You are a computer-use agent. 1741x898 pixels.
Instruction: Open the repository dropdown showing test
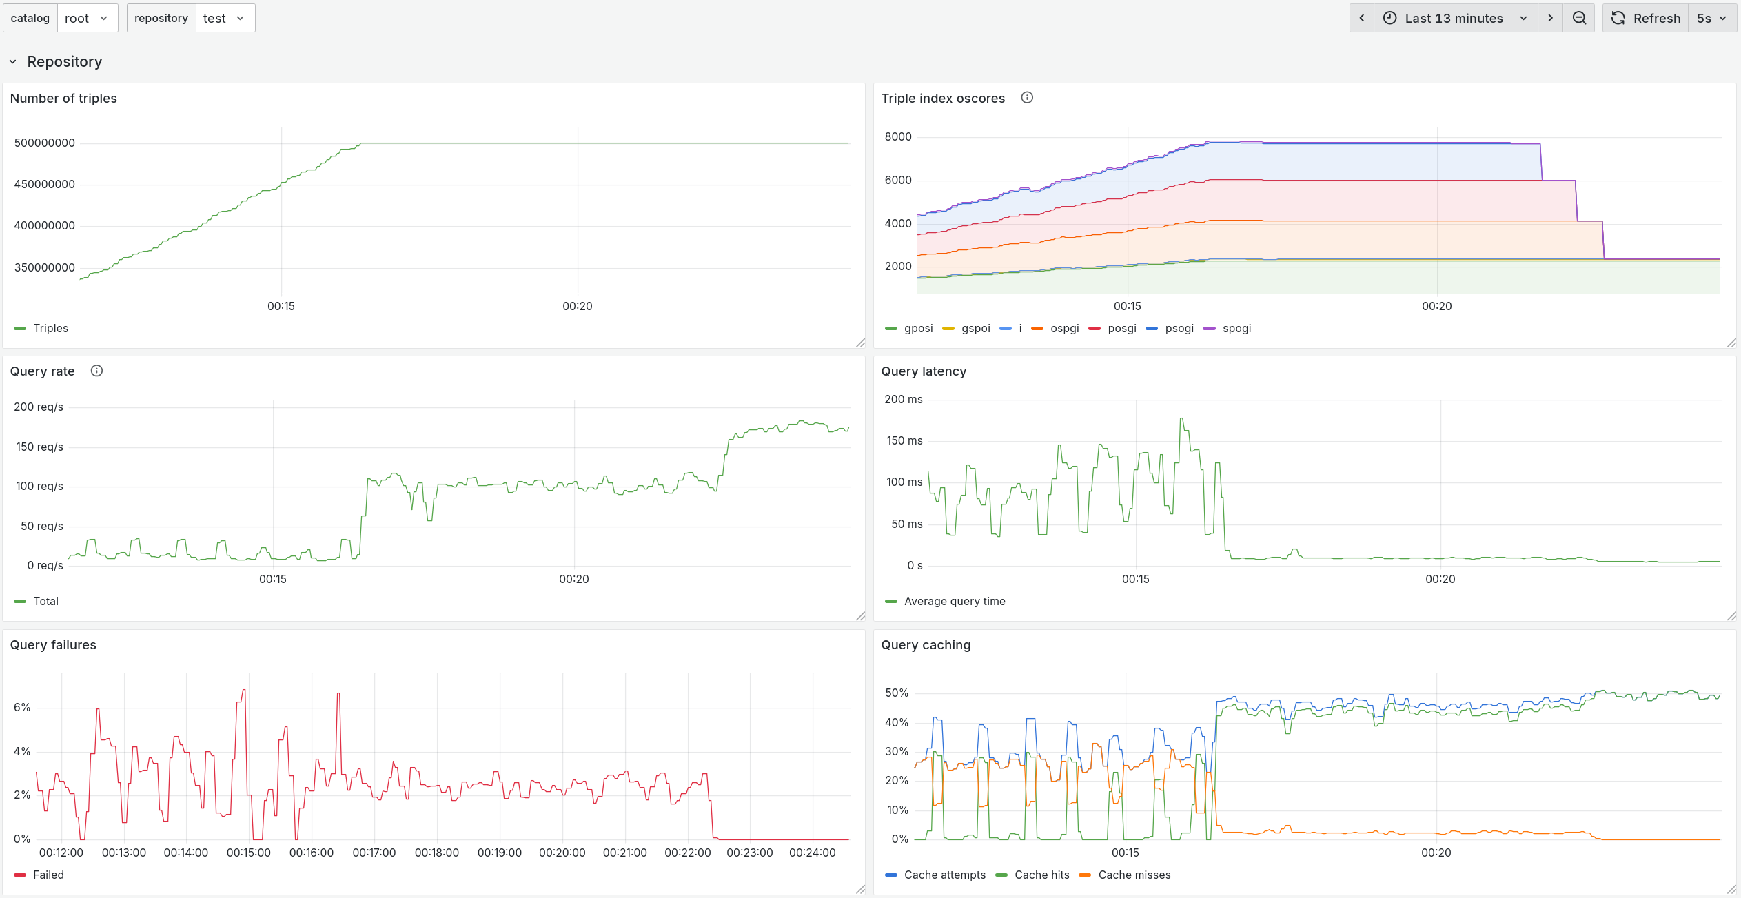point(224,19)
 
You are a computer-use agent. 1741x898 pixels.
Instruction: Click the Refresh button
point(1645,19)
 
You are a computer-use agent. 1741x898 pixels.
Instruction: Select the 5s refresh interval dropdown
point(1711,19)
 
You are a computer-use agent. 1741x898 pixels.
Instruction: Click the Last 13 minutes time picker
point(1454,19)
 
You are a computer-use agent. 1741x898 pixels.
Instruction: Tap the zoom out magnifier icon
point(1579,19)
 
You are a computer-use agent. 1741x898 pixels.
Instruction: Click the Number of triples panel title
point(63,99)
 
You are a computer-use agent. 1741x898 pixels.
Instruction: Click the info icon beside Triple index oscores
point(1027,98)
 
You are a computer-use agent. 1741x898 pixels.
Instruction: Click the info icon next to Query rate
point(97,371)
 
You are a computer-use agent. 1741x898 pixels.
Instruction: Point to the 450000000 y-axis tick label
point(45,185)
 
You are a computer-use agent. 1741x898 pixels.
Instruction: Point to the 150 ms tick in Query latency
point(904,441)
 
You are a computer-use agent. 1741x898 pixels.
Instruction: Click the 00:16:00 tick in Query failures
point(312,853)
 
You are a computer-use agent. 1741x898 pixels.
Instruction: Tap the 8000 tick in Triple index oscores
point(898,137)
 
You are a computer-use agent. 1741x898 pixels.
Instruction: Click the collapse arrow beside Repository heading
point(13,62)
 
